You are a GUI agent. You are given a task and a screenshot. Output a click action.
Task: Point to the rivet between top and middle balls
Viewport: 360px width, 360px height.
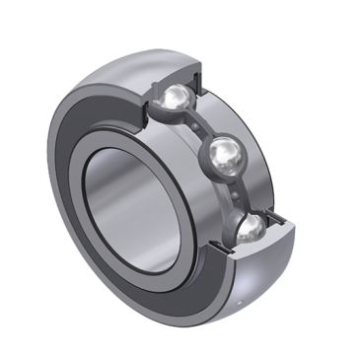(x=201, y=124)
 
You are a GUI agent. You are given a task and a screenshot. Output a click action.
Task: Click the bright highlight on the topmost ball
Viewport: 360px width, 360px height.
(x=174, y=93)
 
